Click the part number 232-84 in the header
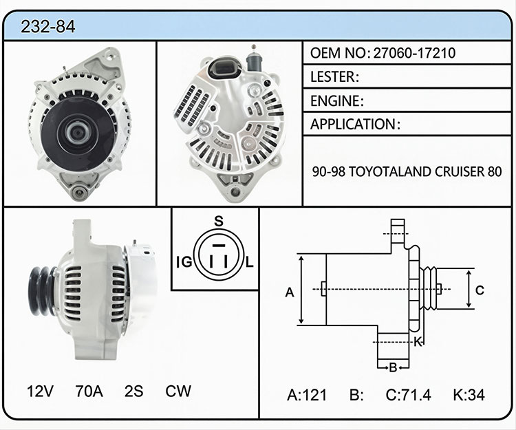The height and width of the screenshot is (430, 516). click(x=48, y=27)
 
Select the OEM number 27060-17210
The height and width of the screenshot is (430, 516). click(x=414, y=53)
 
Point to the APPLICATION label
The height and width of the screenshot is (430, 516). click(x=352, y=124)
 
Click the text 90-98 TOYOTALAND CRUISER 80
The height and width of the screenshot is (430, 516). click(x=407, y=171)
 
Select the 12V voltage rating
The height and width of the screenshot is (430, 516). click(x=40, y=391)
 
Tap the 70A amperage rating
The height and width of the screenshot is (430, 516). click(x=89, y=391)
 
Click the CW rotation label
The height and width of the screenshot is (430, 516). click(x=178, y=391)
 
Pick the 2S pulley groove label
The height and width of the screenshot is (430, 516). click(x=134, y=391)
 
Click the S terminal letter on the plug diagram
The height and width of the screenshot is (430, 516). click(x=219, y=221)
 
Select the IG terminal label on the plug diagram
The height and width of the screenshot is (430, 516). click(x=184, y=262)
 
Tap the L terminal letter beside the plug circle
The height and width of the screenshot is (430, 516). click(x=250, y=262)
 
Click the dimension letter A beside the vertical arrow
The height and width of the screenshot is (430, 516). click(x=289, y=292)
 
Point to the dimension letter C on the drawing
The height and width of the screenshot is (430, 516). click(x=480, y=290)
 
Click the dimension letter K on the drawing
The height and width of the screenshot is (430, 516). click(x=418, y=342)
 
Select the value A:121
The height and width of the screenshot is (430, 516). click(x=307, y=395)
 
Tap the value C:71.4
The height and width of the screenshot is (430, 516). click(x=408, y=395)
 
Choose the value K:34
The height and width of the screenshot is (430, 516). click(x=469, y=395)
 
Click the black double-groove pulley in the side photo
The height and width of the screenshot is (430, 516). click(x=43, y=291)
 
